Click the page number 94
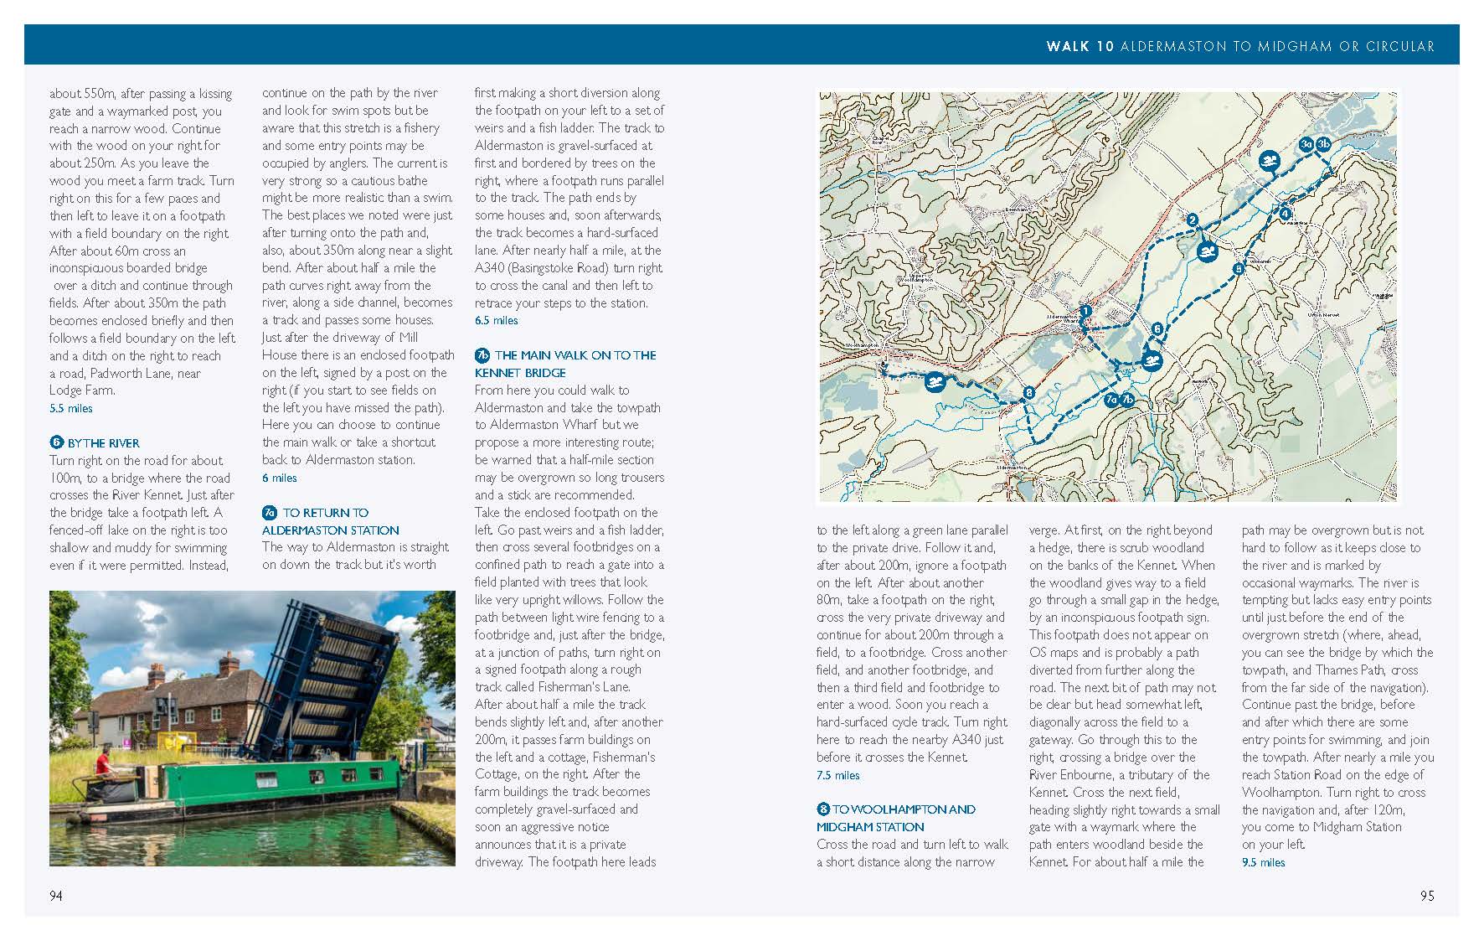(55, 896)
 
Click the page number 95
(1427, 896)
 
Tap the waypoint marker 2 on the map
(1192, 220)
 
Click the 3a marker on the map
(1306, 144)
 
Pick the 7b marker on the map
(1127, 400)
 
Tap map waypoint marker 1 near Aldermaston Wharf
(1085, 311)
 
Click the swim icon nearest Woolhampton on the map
(935, 384)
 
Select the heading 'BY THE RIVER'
(103, 443)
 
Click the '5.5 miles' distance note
(71, 408)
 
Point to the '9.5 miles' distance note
(1263, 862)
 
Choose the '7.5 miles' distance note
(837, 775)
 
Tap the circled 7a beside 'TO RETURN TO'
(269, 513)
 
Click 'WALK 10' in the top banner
(1080, 46)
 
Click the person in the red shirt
(103, 763)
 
